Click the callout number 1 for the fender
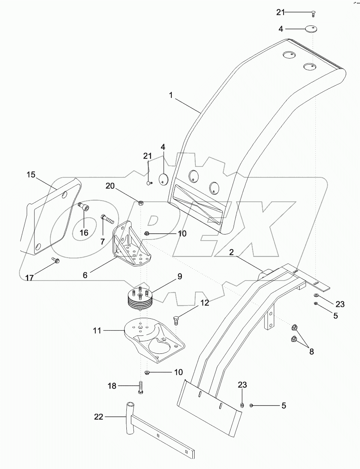tap(171, 95)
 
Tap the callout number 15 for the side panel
tap(31, 174)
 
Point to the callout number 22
tap(98, 416)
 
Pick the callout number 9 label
tap(180, 277)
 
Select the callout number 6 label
tap(85, 275)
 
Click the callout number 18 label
tap(112, 385)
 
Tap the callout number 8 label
tap(311, 352)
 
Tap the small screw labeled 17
tap(55, 260)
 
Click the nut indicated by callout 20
tap(141, 203)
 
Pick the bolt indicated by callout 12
tap(176, 320)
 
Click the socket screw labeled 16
tap(84, 206)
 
